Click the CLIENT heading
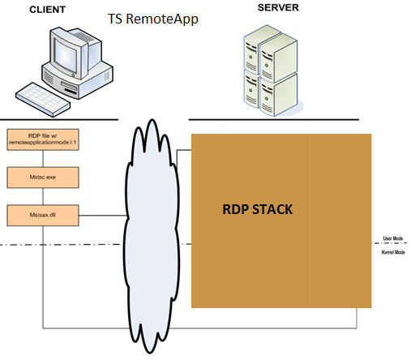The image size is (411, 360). tap(47, 10)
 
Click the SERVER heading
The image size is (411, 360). tap(278, 7)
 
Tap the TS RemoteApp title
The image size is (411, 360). tap(153, 19)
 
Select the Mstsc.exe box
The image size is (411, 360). tap(43, 178)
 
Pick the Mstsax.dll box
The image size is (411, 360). tap(43, 215)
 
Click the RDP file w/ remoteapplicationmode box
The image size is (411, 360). tap(43, 139)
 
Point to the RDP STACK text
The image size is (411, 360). tap(257, 209)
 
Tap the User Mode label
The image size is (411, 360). tap(393, 238)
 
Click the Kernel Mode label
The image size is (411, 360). tap(393, 252)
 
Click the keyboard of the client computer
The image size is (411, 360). tap(43, 100)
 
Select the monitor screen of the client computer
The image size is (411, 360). tap(65, 54)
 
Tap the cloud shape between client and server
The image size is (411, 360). tap(152, 236)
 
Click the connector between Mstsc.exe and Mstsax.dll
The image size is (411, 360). tap(43, 196)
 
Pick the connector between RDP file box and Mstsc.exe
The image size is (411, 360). tap(43, 158)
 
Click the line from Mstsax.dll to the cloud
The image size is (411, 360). tap(103, 216)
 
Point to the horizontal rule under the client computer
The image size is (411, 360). tap(59, 119)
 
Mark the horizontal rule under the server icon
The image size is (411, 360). tap(273, 119)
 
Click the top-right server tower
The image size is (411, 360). tap(278, 58)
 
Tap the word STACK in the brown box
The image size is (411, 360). tap(272, 209)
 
